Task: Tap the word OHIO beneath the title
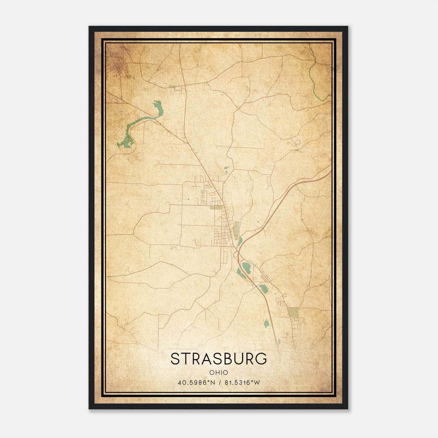pyautogui.click(x=219, y=373)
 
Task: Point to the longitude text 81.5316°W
pyautogui.click(x=242, y=383)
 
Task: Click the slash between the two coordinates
pyautogui.click(x=219, y=383)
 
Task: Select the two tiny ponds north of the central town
pyautogui.click(x=227, y=170)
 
